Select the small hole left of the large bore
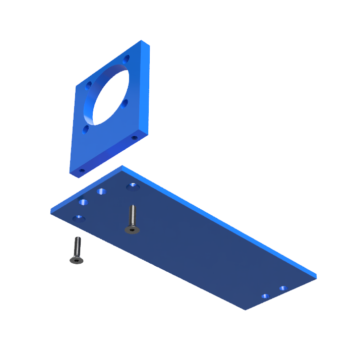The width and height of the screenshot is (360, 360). tap(89, 85)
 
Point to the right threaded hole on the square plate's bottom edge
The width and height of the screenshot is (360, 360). tap(134, 137)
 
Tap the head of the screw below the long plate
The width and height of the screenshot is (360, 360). tap(76, 260)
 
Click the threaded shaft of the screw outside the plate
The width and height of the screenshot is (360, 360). tap(78, 246)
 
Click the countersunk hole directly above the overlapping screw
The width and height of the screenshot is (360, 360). tap(133, 186)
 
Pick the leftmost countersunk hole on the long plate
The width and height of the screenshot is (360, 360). tap(78, 218)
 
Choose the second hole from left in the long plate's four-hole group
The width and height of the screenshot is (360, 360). tap(83, 202)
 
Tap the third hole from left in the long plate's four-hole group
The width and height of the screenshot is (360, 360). tap(102, 192)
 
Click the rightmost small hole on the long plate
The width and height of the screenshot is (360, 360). tap(283, 288)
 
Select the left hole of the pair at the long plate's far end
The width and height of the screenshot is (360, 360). tap(265, 296)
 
